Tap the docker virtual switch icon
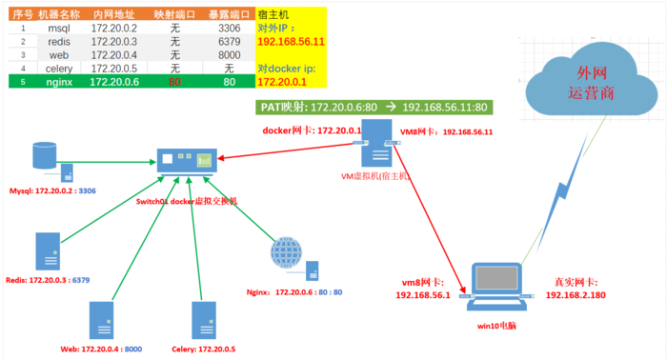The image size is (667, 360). [187, 161]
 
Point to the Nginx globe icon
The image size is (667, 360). [286, 253]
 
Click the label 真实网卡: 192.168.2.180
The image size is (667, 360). [587, 289]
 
